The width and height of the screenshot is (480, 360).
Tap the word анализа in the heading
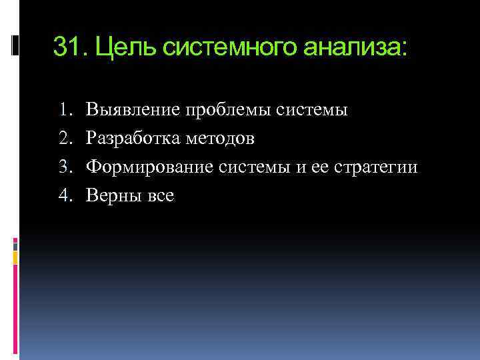click(x=353, y=47)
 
